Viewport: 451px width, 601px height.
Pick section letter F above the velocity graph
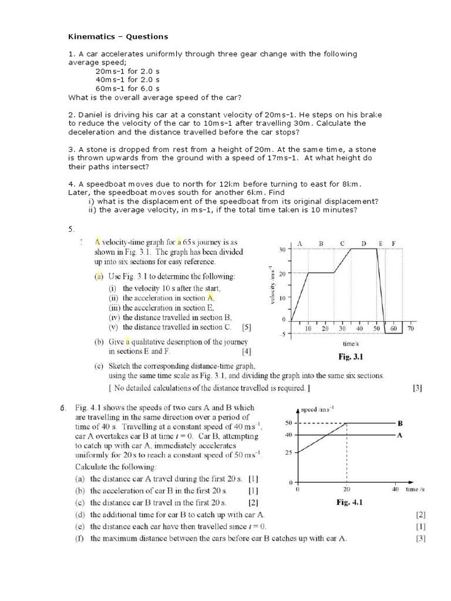point(393,243)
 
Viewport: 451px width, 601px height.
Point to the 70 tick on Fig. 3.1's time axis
point(410,329)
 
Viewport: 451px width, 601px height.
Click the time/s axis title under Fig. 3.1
point(351,343)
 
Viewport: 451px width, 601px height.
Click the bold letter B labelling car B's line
point(399,423)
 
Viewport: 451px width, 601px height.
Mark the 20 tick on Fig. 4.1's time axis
point(346,489)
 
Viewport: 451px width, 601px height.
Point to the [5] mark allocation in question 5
point(247,327)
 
